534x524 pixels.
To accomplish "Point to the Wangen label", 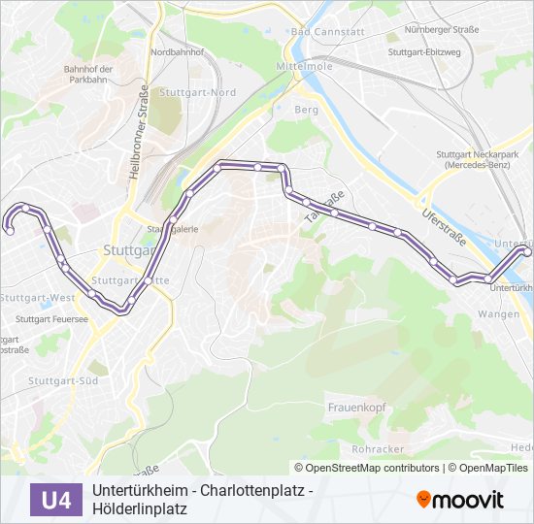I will pyautogui.click(x=498, y=314).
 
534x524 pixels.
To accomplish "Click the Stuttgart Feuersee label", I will pyautogui.click(x=52, y=318).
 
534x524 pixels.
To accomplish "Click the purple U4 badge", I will pyautogui.click(x=56, y=500).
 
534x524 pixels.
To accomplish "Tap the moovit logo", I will pyautogui.click(x=460, y=500).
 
